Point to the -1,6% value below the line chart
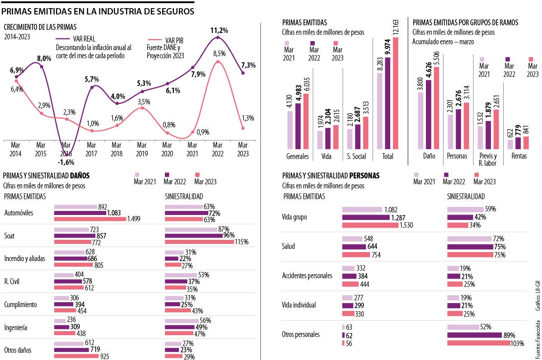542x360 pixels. click(66, 162)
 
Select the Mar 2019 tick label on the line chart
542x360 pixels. click(142, 149)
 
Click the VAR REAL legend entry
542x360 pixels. click(83, 39)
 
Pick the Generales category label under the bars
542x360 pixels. click(298, 157)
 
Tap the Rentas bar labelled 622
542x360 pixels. click(510, 144)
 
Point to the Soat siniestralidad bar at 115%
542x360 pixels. click(199, 242)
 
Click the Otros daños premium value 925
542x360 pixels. click(105, 356)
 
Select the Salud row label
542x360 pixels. click(289, 246)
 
